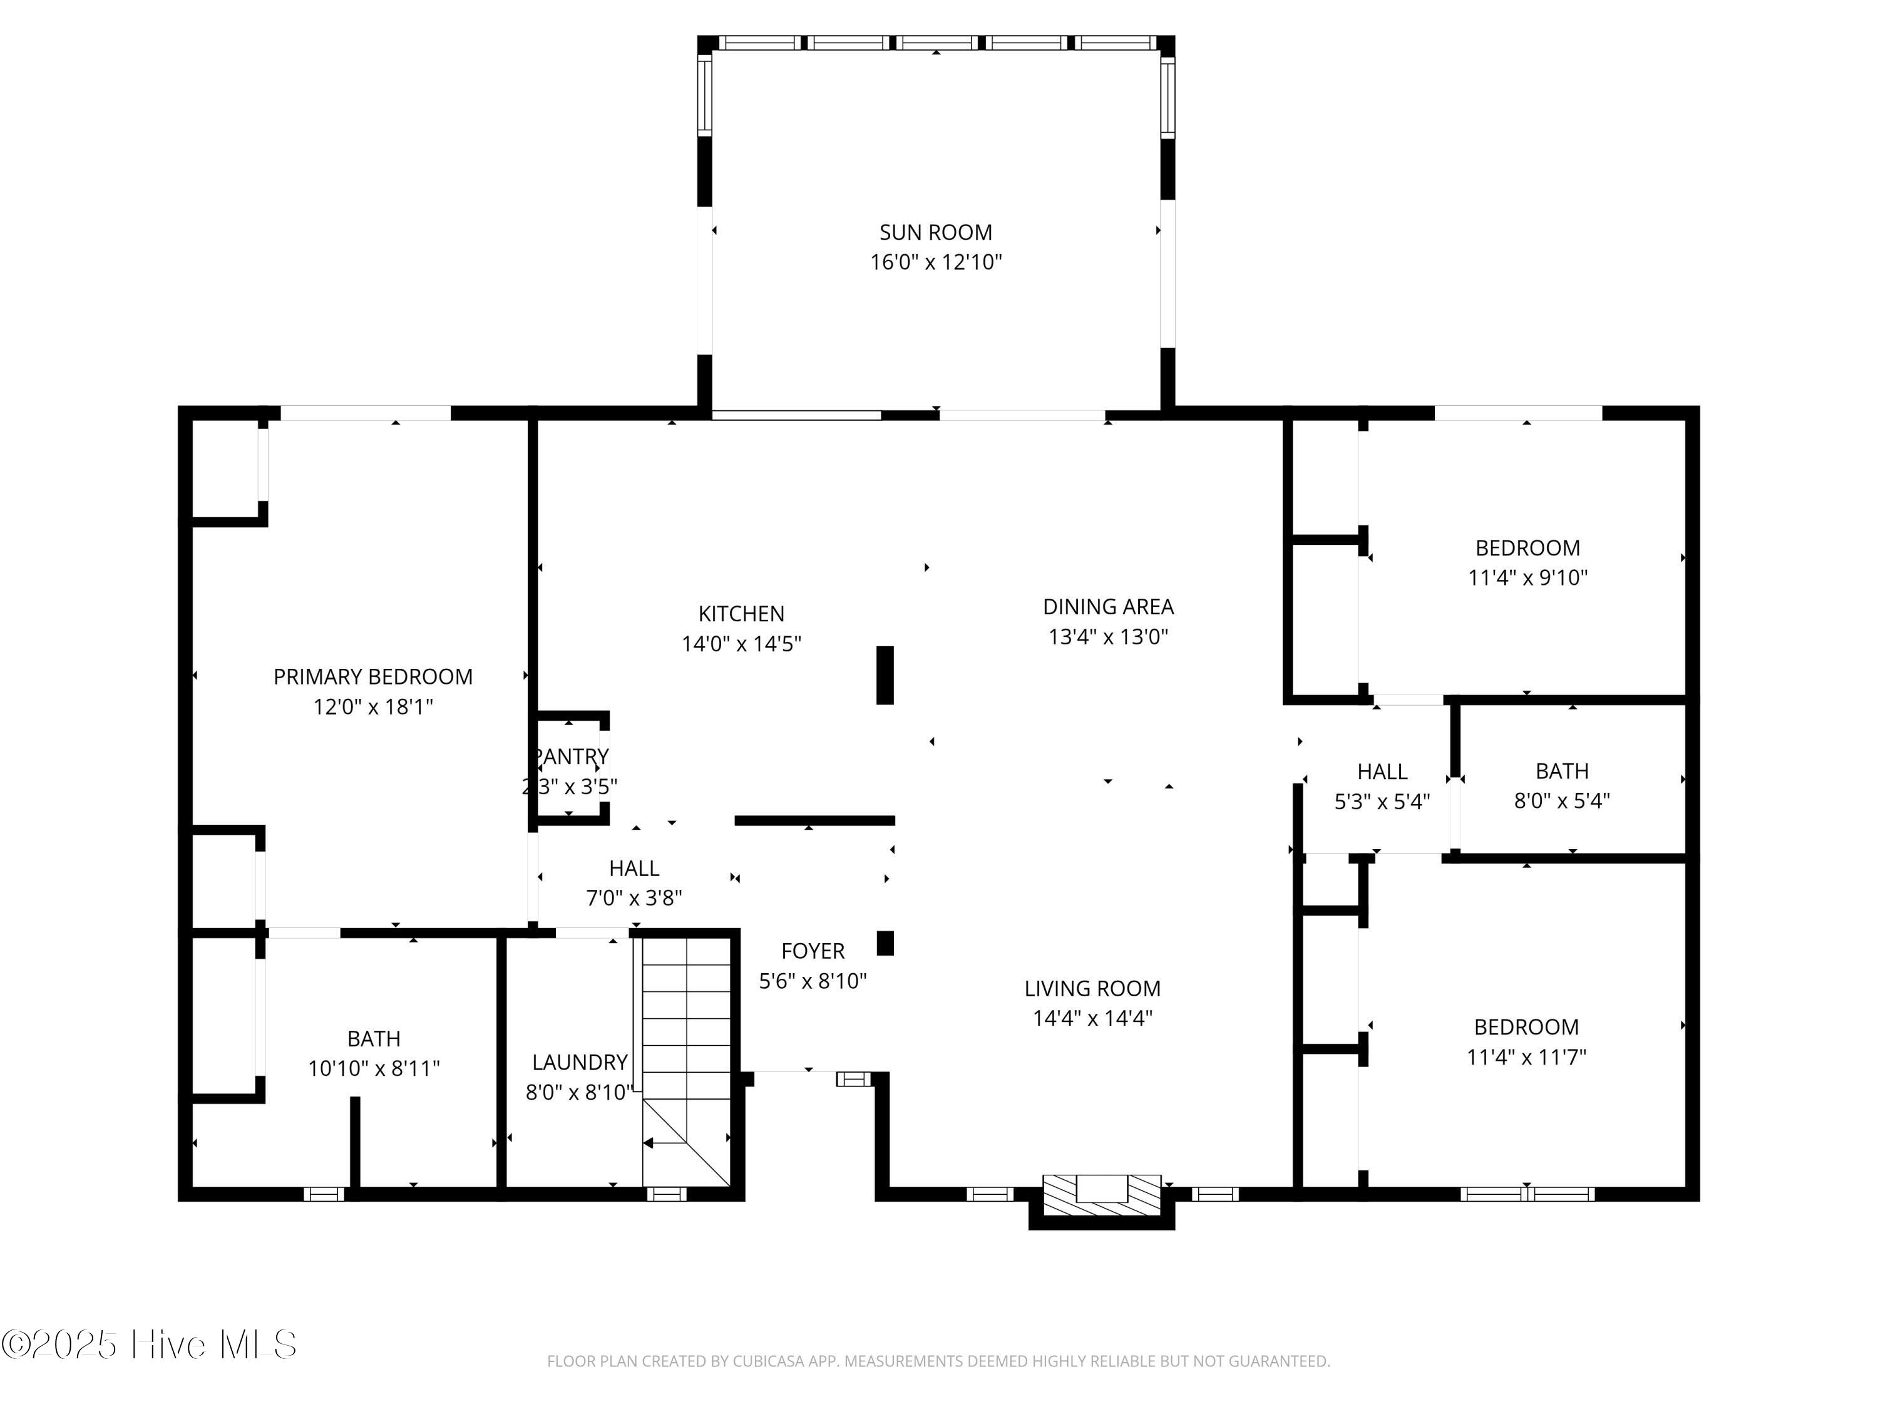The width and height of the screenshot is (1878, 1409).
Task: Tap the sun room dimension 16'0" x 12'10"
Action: (936, 262)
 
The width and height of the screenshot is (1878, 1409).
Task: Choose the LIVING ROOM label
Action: (1092, 989)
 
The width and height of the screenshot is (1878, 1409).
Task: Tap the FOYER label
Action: (813, 951)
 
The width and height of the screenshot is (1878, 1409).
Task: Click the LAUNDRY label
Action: (580, 1063)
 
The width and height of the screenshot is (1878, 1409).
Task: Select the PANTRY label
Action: (570, 756)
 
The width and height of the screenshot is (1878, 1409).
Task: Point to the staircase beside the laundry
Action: (686, 1061)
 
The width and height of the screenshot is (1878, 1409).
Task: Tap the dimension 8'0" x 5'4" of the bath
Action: (1562, 801)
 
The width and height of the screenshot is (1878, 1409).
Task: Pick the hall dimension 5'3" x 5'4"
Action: (1382, 802)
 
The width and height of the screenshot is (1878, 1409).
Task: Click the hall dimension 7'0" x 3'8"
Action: (634, 899)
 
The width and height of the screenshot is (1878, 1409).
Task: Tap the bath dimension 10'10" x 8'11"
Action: (374, 1068)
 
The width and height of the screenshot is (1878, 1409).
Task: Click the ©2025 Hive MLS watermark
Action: (150, 1344)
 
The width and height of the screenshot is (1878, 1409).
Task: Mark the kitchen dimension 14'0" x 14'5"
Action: (741, 644)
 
